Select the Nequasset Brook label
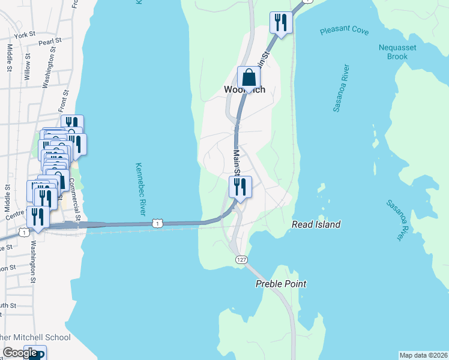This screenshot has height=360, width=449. tap(393, 52)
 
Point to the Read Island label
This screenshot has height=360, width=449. tap(316, 224)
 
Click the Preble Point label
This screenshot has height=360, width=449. tap(281, 284)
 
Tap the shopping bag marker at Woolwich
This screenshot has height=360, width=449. tap(249, 78)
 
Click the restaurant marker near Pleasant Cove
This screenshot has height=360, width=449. tap(281, 23)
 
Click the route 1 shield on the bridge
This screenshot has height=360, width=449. tap(157, 223)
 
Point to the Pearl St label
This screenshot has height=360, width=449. tap(50, 42)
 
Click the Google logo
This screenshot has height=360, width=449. tap(20, 353)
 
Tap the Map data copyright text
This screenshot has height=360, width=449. tap(424, 355)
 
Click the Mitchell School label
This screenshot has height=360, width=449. tap(36, 337)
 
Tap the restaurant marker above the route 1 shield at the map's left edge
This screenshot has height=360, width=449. tap(38, 218)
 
